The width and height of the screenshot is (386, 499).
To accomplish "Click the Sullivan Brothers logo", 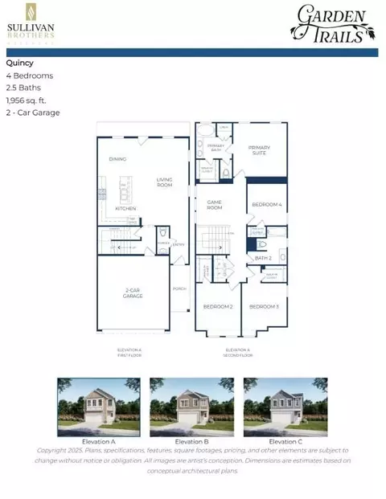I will coord(31,23).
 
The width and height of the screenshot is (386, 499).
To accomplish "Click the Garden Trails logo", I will coord(333,22).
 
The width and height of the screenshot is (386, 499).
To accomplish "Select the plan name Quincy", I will coord(20,63).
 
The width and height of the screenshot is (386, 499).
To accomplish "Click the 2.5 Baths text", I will coord(24,88).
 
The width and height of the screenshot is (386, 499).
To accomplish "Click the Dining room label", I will coord(118,159).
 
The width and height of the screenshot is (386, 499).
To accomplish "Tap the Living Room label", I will coord(164,182).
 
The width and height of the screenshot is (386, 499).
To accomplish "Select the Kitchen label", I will coord(125,208).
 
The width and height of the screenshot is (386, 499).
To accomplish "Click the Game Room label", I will coord(214,205).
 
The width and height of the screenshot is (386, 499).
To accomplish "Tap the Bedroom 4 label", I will coord(267,204).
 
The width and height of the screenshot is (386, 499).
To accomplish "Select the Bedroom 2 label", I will coord(217,306).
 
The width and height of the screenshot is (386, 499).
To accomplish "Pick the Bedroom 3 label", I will coord(264,306).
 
